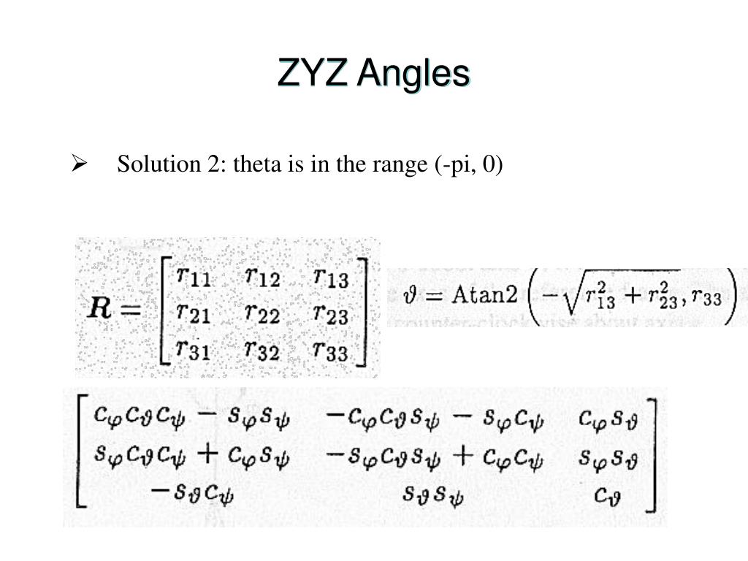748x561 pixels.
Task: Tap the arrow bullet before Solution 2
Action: click(x=80, y=165)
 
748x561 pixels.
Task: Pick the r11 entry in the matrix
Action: click(x=194, y=278)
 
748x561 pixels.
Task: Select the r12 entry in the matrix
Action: click(x=263, y=278)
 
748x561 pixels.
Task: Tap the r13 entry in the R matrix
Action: click(x=331, y=278)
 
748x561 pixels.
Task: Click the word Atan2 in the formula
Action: click(x=483, y=295)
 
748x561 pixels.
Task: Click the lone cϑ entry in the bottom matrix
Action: click(x=609, y=497)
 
